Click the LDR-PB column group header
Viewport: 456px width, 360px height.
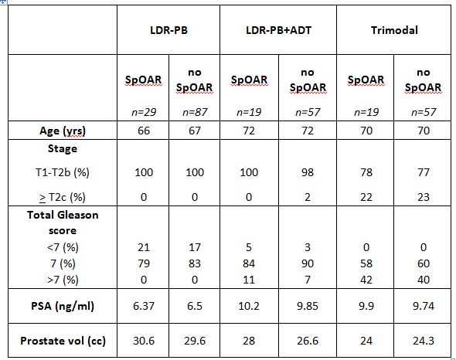tap(168, 30)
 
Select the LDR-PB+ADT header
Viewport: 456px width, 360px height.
tap(278, 30)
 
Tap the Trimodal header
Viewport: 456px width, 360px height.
tap(394, 30)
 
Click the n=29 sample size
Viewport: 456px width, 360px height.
tap(144, 112)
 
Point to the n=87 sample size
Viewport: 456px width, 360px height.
tap(195, 112)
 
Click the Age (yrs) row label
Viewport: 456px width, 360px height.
tap(63, 131)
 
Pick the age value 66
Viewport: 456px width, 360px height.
tap(144, 131)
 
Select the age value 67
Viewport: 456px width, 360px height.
tap(195, 131)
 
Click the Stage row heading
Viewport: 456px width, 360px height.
tap(63, 148)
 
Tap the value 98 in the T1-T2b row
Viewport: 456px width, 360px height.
tap(308, 172)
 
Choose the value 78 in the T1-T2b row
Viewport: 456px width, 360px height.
tap(366, 172)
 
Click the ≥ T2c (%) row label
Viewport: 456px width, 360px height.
tap(63, 198)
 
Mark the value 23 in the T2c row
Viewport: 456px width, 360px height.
tap(423, 197)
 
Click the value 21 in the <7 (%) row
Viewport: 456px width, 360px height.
tap(144, 247)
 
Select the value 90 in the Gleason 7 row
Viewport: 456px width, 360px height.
tap(308, 263)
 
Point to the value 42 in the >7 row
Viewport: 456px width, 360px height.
tap(366, 280)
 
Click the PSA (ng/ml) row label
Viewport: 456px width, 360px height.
tap(63, 306)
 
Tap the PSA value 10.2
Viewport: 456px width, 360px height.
tap(249, 306)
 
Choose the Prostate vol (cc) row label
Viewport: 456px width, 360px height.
tap(63, 341)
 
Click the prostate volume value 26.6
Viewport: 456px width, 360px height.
tap(308, 341)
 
